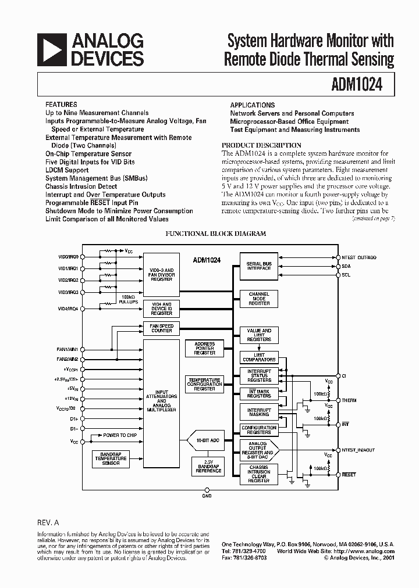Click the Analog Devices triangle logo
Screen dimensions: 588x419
[51, 49]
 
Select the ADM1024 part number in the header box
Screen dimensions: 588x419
[359, 85]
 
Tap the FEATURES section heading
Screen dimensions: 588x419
[61, 105]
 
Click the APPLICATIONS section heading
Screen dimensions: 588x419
[253, 105]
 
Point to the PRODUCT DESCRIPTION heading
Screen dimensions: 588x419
[261, 145]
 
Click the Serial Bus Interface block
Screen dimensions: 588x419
[259, 266]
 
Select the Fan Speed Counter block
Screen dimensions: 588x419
[162, 328]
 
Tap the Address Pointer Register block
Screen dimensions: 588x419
[204, 349]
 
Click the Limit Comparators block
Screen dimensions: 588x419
[259, 357]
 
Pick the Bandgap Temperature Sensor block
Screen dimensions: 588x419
[111, 459]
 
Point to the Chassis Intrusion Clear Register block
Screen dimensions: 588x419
[259, 474]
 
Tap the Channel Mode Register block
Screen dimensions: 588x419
[259, 299]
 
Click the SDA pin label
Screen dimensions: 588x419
[346, 266]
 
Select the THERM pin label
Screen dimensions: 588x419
[350, 400]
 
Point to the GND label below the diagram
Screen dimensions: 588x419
[207, 496]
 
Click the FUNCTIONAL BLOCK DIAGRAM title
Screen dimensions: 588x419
[216, 234]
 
